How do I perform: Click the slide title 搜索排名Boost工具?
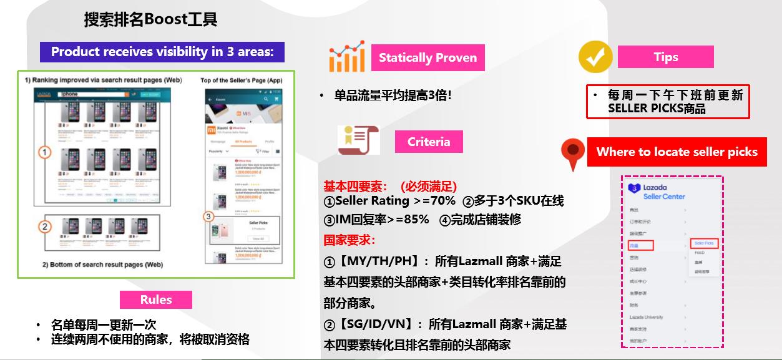[x=150, y=19]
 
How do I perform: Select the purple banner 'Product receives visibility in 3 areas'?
[x=162, y=52]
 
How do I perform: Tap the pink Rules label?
[x=156, y=299]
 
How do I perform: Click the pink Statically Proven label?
[x=428, y=58]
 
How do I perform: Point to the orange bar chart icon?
[x=346, y=57]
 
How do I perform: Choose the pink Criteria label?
[x=429, y=142]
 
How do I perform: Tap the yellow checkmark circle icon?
[x=595, y=57]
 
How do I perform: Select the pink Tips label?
[x=665, y=57]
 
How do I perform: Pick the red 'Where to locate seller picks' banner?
[x=677, y=152]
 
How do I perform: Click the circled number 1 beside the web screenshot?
[x=44, y=152]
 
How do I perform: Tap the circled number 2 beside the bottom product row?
[x=44, y=226]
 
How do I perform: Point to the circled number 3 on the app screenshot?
[x=209, y=217]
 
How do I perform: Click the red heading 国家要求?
[x=349, y=240]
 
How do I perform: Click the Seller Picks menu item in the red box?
[x=704, y=243]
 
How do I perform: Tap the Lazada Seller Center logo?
[x=656, y=192]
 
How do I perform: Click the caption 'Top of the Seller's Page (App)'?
[x=241, y=80]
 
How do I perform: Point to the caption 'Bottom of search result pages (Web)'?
[x=102, y=265]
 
